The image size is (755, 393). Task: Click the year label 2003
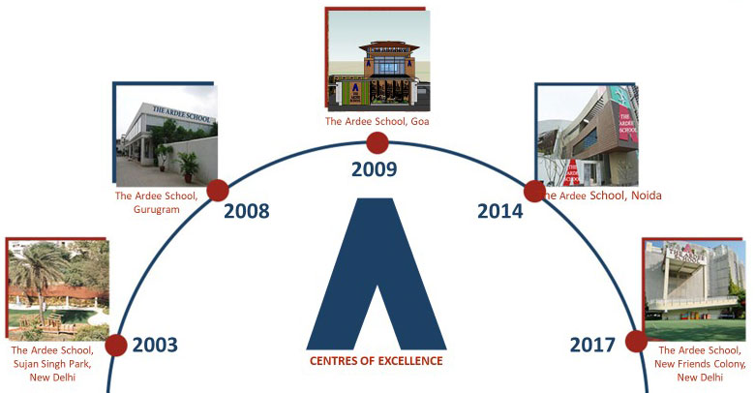click(155, 346)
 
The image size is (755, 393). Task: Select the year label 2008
click(247, 211)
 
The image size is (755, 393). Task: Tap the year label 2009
click(375, 169)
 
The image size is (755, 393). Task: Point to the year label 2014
click(499, 211)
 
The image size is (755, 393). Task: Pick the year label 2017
click(592, 346)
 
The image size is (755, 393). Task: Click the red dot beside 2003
click(115, 346)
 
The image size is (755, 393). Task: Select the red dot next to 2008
click(218, 191)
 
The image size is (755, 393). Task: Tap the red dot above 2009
click(377, 143)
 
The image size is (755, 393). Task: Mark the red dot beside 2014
click(534, 192)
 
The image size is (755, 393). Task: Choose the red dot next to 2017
click(637, 341)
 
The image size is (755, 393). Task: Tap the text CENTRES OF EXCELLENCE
click(377, 361)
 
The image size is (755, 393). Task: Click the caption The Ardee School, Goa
click(377, 121)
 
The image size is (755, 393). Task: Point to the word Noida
click(647, 196)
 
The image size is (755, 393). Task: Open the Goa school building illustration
click(378, 61)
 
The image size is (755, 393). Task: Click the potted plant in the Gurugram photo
click(188, 166)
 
